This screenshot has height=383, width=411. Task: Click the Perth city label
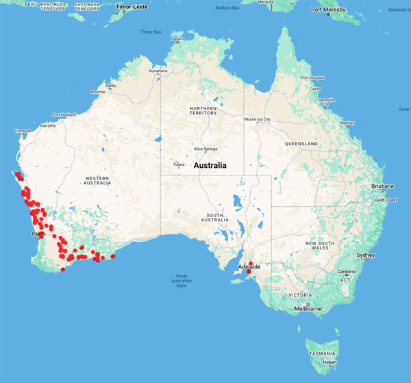click(38, 234)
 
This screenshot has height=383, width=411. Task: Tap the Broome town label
click(97, 92)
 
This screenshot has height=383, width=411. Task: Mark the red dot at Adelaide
click(249, 271)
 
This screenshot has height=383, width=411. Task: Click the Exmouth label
click(23, 130)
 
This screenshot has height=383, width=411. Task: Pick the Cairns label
click(316, 88)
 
